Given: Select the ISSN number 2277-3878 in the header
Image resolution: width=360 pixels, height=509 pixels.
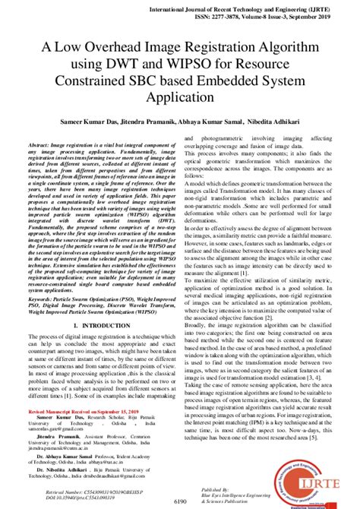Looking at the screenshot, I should tap(242, 16).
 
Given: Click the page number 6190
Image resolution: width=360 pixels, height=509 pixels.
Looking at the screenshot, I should tap(179, 502).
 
